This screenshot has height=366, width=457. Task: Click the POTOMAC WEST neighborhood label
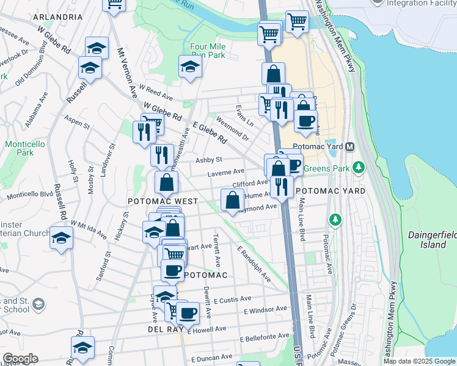(x=163, y=201)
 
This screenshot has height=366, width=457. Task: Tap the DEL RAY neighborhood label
(x=162, y=329)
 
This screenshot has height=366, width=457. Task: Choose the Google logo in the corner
(x=20, y=358)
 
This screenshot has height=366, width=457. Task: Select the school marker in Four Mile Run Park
(x=191, y=67)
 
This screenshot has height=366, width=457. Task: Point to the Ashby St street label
(x=208, y=160)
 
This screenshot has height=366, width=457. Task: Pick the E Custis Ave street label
(x=233, y=300)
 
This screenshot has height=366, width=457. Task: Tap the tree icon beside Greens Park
(x=359, y=167)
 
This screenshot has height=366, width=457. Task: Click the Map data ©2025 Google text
(x=419, y=361)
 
